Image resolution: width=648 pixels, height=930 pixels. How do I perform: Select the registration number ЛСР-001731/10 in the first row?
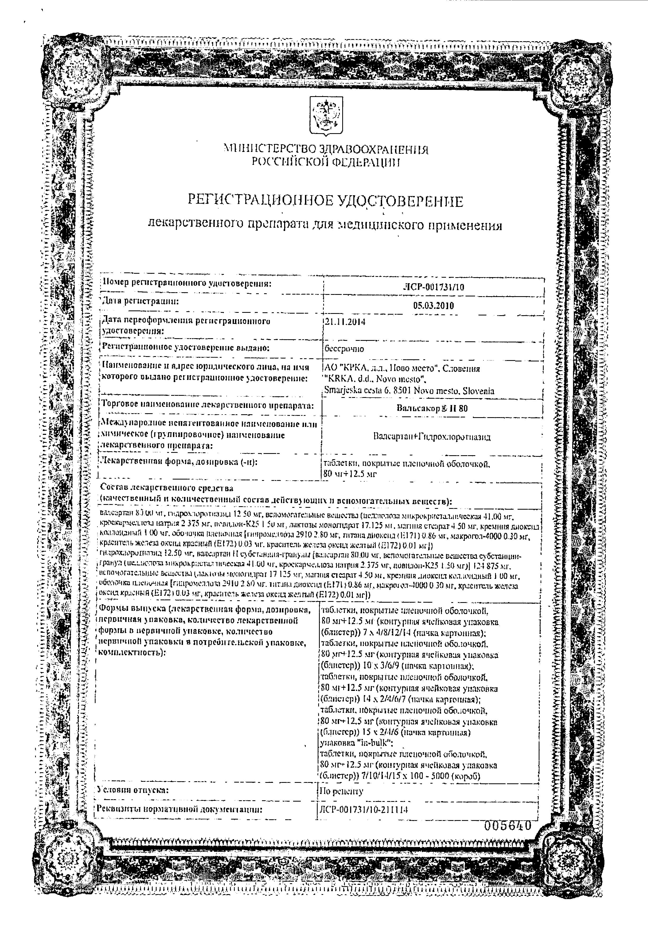(x=434, y=287)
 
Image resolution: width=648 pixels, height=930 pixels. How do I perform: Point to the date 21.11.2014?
(x=345, y=322)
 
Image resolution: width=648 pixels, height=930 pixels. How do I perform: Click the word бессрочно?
(x=344, y=348)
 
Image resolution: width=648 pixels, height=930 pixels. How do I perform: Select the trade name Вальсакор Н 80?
(x=432, y=408)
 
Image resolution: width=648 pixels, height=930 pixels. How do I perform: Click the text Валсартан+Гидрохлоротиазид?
(x=432, y=437)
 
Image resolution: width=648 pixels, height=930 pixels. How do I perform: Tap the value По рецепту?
(x=342, y=791)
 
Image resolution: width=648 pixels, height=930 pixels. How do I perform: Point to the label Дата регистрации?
(x=140, y=302)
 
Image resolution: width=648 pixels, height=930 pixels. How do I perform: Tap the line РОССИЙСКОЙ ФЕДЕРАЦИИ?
(x=326, y=162)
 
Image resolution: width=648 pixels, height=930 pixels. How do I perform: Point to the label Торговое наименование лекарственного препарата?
(x=208, y=404)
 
